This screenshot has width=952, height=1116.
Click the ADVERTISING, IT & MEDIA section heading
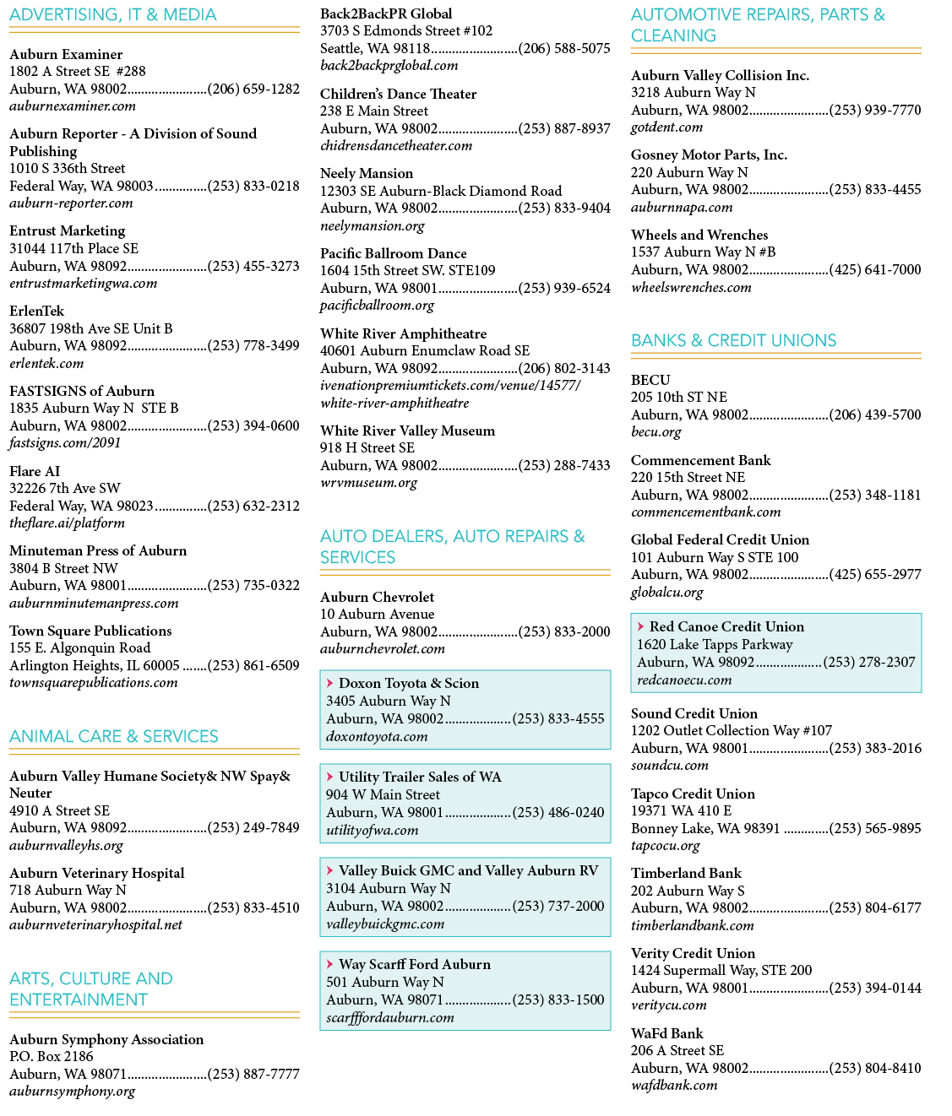coord(113,14)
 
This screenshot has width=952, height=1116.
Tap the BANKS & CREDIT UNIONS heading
coord(733,341)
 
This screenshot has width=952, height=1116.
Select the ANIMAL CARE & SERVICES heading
coord(114,736)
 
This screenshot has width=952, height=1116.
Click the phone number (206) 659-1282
coord(253,89)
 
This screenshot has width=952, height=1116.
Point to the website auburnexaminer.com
coord(73,106)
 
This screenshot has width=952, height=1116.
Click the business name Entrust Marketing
coord(67,231)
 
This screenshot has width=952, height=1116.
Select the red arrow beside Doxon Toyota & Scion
coord(329,683)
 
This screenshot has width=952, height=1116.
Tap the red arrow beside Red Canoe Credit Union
coord(640,626)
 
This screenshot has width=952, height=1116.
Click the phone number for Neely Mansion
coord(564,209)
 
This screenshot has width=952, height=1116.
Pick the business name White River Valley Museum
coord(407,431)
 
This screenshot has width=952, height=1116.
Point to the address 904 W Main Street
coord(383,794)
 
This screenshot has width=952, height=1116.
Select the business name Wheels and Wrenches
coord(699,235)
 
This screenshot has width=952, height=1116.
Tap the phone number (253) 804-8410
coord(875,1069)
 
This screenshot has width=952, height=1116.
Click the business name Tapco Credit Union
coord(693,794)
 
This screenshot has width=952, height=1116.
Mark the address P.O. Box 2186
coord(52,1056)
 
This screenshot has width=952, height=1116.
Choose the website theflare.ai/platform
coord(67,523)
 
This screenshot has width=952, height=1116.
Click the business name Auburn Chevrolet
coord(377,597)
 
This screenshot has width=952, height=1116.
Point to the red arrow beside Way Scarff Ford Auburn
coord(329,964)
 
